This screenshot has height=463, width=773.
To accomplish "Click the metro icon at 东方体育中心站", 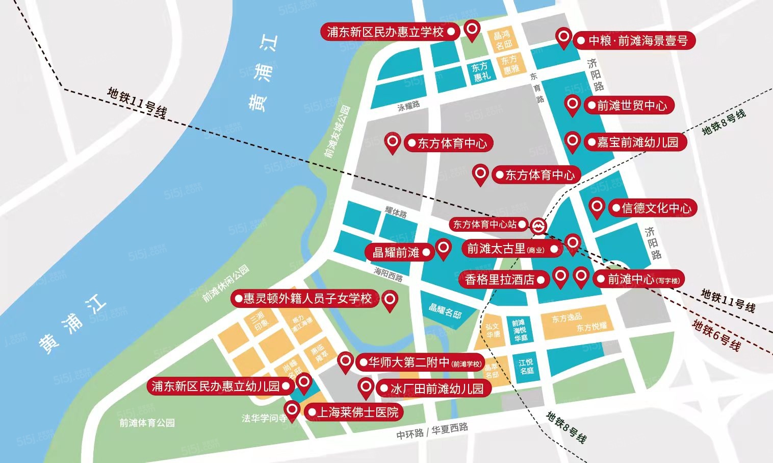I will (x=537, y=225).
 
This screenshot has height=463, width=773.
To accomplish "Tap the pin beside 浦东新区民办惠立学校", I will (x=473, y=29).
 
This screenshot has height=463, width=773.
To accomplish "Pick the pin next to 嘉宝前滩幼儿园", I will (x=573, y=140).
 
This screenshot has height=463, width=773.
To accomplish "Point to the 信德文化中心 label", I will (x=653, y=208).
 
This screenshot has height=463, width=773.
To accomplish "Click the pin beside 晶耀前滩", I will (x=444, y=249).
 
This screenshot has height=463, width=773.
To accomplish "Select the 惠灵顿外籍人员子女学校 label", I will (x=305, y=298).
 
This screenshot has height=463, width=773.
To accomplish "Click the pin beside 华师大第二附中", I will (x=346, y=361).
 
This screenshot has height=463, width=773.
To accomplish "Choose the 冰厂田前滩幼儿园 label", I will (x=433, y=389).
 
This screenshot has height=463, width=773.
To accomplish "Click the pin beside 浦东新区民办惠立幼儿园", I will (x=304, y=381).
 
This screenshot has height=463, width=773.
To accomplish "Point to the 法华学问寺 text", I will (x=264, y=419).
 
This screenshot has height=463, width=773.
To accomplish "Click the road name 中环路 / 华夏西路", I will (x=432, y=431).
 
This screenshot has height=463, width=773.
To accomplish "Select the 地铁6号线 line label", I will (x=716, y=334).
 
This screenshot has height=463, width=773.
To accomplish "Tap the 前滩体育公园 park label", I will (x=147, y=423).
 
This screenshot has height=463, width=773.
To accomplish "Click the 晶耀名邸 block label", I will (x=445, y=310).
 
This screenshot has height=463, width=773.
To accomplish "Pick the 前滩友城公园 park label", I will (x=338, y=132).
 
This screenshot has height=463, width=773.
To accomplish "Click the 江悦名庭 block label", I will (x=526, y=367).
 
